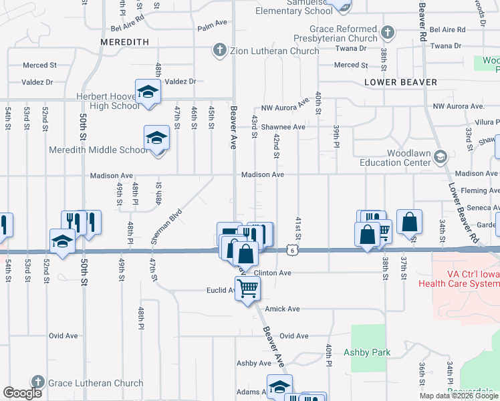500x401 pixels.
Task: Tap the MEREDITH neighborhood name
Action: click(x=124, y=41)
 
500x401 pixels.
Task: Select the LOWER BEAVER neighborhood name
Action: click(x=401, y=82)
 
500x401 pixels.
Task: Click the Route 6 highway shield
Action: click(x=293, y=250)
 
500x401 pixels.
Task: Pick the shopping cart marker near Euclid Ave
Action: click(x=247, y=289)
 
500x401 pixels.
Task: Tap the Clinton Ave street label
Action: click(x=273, y=273)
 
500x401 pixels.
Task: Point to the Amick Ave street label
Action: click(x=283, y=309)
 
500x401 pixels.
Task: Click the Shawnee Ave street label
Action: click(x=283, y=127)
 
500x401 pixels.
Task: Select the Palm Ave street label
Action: click(x=213, y=28)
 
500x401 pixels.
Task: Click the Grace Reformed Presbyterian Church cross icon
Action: click(x=386, y=33)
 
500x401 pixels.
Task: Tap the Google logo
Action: click(x=22, y=393)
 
